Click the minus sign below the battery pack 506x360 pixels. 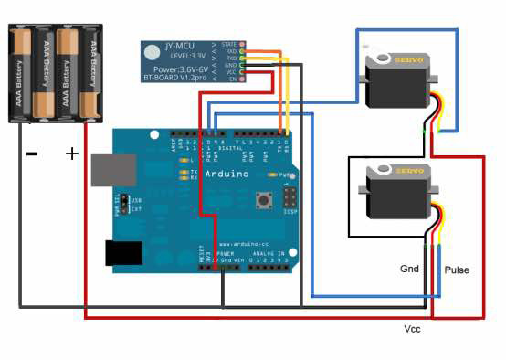click(x=31, y=154)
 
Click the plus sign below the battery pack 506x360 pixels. click(x=72, y=154)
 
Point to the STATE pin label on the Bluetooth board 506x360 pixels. click(x=228, y=43)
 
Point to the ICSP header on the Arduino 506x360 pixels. click(x=290, y=198)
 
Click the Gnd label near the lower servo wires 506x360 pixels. click(x=409, y=270)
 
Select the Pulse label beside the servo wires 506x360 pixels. click(x=457, y=271)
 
